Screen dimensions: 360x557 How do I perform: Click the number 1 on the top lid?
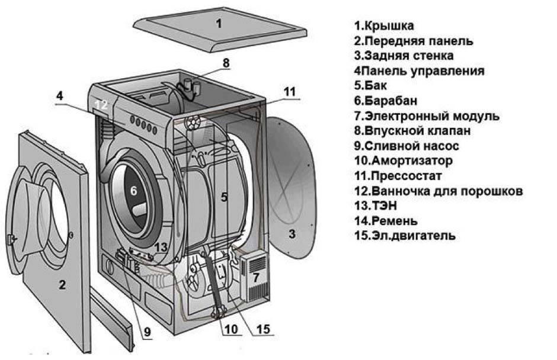pyautogui.click(x=218, y=24)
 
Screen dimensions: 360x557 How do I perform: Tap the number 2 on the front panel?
pyautogui.click(x=62, y=285)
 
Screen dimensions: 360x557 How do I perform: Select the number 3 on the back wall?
pyautogui.click(x=292, y=233)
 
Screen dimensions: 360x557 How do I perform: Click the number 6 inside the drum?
pyautogui.click(x=133, y=191)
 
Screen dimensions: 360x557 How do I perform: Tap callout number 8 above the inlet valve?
pyautogui.click(x=226, y=62)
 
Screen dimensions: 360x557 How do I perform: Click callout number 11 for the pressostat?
pyautogui.click(x=288, y=91)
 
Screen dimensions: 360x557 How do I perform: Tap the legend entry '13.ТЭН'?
pyautogui.click(x=375, y=206)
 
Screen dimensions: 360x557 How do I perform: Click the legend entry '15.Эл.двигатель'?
pyautogui.click(x=405, y=236)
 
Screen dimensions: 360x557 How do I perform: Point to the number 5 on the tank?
pyautogui.click(x=224, y=198)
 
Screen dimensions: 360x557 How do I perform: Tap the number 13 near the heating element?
pyautogui.click(x=161, y=247)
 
